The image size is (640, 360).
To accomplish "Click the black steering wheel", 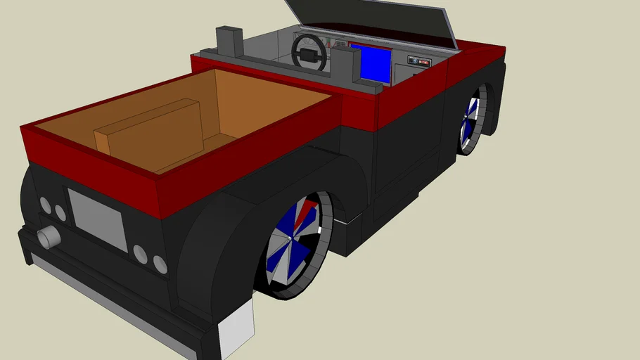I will [309, 52].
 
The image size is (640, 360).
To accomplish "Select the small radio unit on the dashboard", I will [418, 62].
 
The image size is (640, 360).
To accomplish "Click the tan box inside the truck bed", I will [149, 129].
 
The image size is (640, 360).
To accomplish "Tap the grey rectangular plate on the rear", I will [96, 219].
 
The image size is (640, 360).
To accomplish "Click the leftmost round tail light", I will [45, 205].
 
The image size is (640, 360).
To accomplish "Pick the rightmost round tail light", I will [160, 264].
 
